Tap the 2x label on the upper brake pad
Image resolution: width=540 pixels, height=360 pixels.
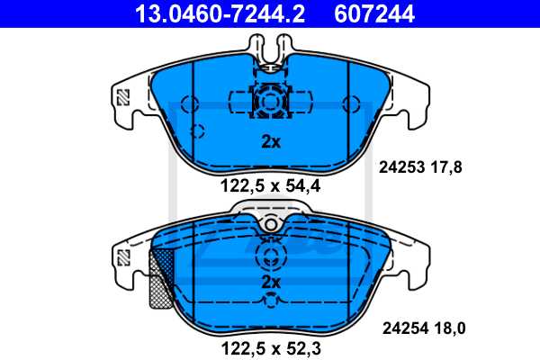(271, 141)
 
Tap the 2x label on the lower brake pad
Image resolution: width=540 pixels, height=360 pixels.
(271, 282)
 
